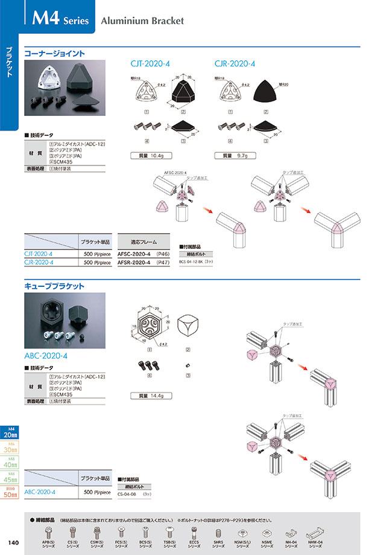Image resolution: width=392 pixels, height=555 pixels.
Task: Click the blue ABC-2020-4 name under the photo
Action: (x=46, y=356)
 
